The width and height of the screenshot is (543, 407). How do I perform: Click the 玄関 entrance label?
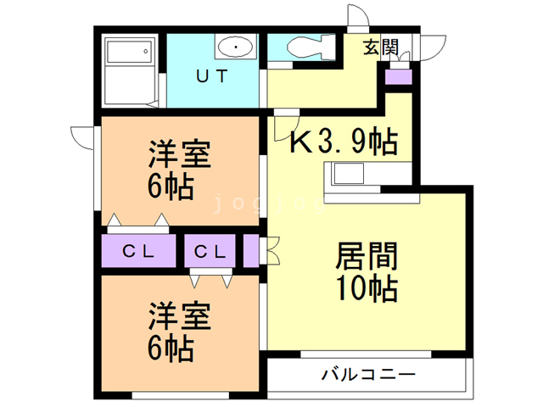coord(381,48)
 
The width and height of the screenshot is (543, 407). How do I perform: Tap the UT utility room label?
coord(212,76)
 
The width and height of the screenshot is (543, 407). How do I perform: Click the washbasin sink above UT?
coord(233,46)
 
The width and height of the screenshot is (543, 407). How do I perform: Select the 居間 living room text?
coord(367,256)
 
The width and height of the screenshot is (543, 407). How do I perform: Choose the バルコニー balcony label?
coord(367,374)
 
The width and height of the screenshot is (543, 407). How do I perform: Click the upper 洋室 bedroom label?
coord(179,156)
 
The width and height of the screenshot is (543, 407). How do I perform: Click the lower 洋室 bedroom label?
coord(179,316)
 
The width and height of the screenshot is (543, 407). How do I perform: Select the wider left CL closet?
coord(138,251)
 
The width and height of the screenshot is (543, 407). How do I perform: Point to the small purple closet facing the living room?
coord(252,251)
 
